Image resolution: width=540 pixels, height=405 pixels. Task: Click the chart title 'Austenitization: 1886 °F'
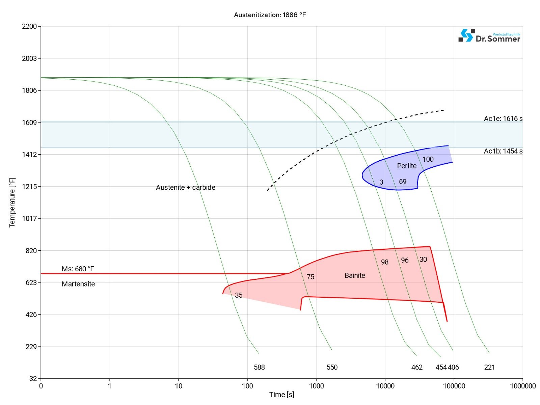point(270,15)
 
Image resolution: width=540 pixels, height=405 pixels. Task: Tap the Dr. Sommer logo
point(489,36)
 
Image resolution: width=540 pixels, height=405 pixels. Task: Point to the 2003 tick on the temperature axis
point(29,58)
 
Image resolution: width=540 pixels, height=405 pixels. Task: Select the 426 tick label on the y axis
point(31,315)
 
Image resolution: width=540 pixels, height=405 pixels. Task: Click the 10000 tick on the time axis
point(385,386)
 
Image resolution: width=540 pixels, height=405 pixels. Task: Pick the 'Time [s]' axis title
point(281,395)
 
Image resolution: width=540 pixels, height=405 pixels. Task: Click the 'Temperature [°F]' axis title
point(12,202)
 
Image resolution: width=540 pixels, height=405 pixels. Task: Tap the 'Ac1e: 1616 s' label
point(503,118)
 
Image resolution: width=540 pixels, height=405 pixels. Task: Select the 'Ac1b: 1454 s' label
point(503,151)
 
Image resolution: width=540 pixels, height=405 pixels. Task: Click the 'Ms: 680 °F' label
point(78,269)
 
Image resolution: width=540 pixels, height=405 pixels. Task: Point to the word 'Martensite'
point(78,284)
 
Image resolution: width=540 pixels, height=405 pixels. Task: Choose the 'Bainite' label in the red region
point(355,275)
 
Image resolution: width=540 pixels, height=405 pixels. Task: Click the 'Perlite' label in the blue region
point(407,166)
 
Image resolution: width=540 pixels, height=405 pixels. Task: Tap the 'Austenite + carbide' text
point(186,187)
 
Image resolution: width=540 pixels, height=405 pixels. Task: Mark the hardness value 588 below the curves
point(259,367)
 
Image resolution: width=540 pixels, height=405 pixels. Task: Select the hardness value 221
point(489,367)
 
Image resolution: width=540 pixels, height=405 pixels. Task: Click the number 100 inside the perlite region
point(428,159)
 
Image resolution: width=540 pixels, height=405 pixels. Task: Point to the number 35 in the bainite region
point(239,295)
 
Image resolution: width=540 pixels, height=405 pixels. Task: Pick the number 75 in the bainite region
point(310,277)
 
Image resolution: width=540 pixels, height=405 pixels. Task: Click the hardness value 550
point(332,367)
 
